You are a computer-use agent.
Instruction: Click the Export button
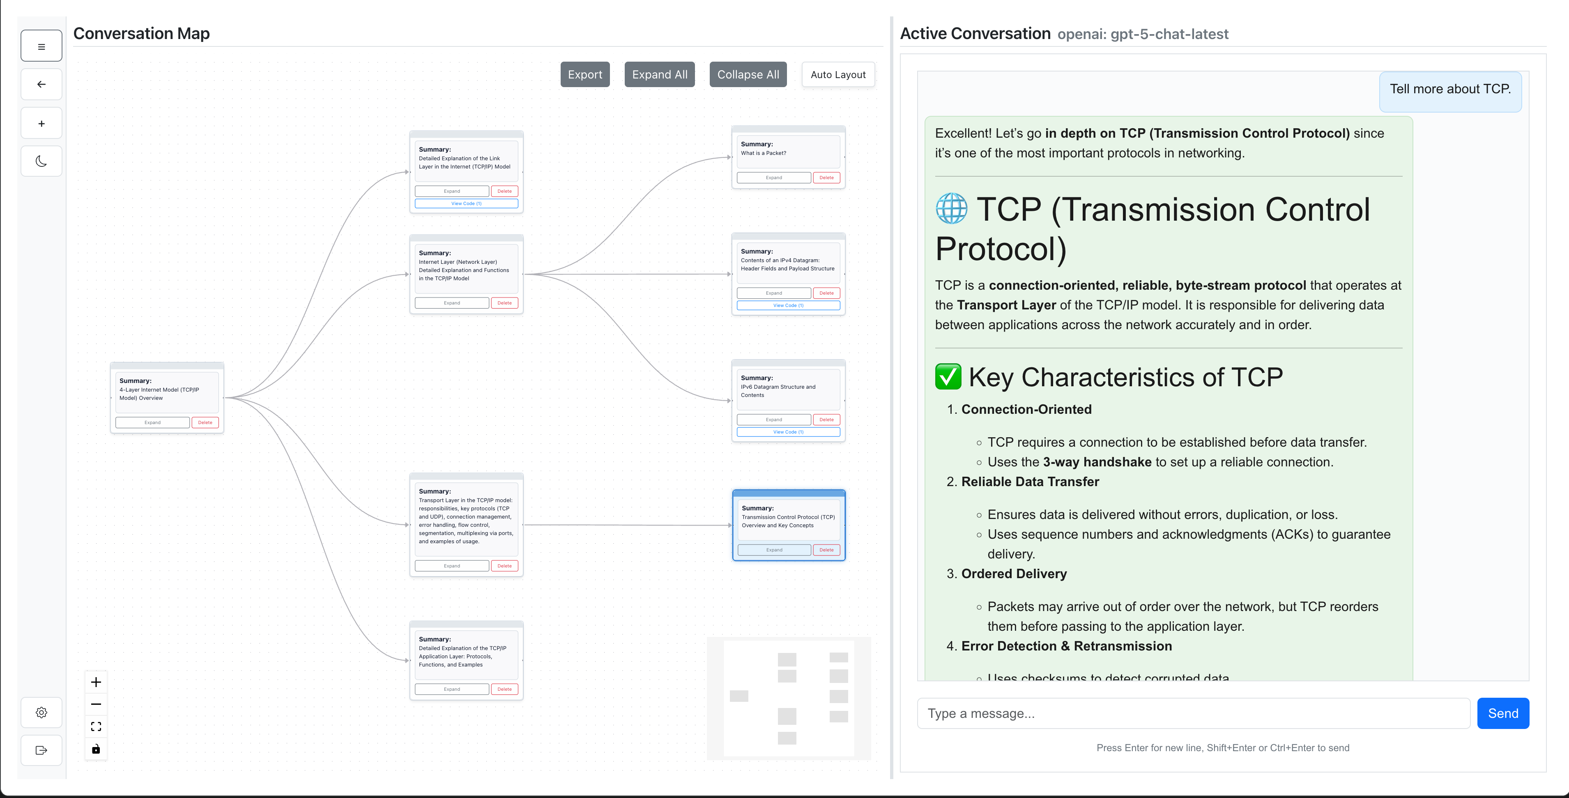pos(585,74)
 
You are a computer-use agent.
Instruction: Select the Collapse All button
pos(748,74)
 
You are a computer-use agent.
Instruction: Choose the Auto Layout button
pos(837,74)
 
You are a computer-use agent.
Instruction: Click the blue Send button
pos(1502,713)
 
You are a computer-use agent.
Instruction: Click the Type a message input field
pos(1193,713)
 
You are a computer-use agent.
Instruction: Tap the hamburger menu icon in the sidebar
pos(41,46)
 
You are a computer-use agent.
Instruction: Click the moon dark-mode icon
pos(41,161)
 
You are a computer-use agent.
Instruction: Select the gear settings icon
pos(41,712)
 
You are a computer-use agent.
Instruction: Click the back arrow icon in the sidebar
pos(41,85)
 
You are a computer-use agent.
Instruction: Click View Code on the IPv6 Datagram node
pos(788,432)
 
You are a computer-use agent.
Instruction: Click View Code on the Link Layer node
pos(466,203)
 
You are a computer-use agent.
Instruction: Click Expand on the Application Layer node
pos(451,689)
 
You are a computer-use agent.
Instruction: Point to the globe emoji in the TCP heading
pos(951,209)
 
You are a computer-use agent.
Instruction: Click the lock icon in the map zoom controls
pos(96,749)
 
